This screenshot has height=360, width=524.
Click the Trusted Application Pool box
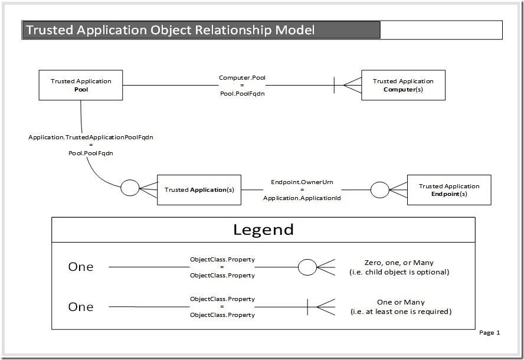click(x=81, y=85)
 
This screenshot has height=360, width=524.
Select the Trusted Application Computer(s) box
click(x=403, y=85)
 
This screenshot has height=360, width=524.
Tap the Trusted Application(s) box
click(x=199, y=189)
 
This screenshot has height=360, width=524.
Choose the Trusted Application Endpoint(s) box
click(x=448, y=189)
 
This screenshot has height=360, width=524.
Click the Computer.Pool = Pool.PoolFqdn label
click(x=241, y=86)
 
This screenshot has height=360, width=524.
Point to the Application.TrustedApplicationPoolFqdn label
click(x=90, y=138)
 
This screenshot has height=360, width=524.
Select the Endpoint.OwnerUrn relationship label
click(x=302, y=182)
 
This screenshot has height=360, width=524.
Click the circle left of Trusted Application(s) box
click(x=130, y=188)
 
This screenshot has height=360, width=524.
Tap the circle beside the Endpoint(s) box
click(x=379, y=189)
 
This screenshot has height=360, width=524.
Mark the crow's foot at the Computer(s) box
click(x=348, y=85)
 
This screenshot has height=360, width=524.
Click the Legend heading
click(x=263, y=230)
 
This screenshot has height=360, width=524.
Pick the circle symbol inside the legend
click(x=307, y=267)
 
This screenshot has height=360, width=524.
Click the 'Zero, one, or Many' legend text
click(x=399, y=263)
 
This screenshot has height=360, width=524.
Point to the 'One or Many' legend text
click(x=401, y=302)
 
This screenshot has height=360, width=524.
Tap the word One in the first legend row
click(x=81, y=267)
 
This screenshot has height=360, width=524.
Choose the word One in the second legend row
click(x=81, y=307)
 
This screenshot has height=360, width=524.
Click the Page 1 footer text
click(x=489, y=333)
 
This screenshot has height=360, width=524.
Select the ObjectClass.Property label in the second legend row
click(x=222, y=307)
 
